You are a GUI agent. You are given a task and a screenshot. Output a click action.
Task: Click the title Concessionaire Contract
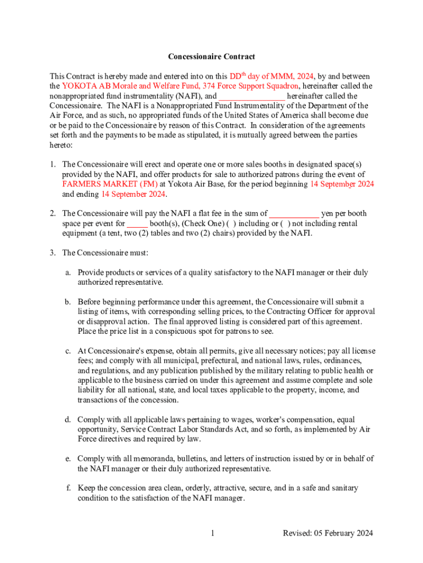point(211,57)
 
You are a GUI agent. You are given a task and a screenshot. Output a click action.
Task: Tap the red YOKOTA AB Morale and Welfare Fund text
point(180,86)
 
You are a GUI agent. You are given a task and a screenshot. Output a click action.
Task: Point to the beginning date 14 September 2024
point(342,184)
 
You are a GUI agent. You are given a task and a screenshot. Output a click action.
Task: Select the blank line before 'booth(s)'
point(137,224)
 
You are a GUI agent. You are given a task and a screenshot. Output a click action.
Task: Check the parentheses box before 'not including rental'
point(285,224)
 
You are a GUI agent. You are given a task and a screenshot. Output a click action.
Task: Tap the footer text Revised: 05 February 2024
point(328,533)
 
